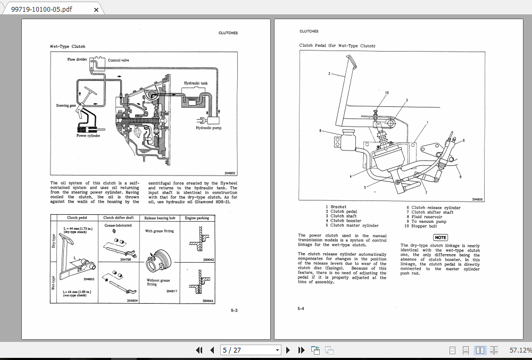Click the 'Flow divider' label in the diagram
click(77, 60)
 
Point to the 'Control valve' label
click(118, 60)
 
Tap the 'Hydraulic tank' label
click(196, 83)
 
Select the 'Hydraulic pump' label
click(208, 128)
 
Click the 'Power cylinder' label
click(88, 136)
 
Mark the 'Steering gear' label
click(66, 106)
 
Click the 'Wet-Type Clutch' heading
click(68, 47)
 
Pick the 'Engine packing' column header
click(197, 218)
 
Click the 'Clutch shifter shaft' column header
click(119, 218)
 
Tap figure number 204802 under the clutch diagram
click(229, 173)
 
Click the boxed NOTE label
click(440, 237)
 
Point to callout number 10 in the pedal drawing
click(387, 93)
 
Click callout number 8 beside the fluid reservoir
click(320, 130)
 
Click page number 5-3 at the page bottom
click(234, 310)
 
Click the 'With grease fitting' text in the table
click(159, 231)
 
